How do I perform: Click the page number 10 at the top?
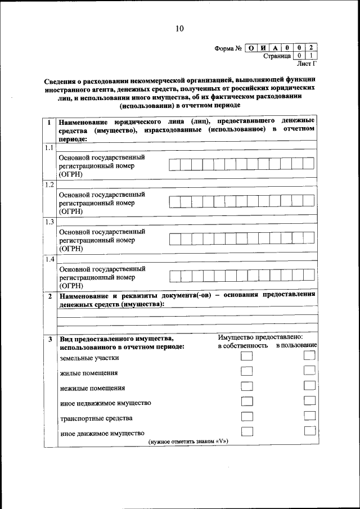coord(179,29)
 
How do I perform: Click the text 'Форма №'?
coord(228,48)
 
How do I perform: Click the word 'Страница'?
coord(277,56)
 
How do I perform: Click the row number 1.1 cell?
coord(49,148)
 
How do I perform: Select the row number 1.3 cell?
coord(49,221)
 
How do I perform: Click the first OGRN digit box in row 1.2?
coord(175,201)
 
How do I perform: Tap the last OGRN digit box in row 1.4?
coord(308,275)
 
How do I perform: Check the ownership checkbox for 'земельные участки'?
coord(246,357)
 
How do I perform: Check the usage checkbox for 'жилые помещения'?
coord(309,371)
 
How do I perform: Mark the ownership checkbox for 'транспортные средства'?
coord(246,416)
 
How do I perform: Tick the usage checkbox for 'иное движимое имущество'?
coord(309,431)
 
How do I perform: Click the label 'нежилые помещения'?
coord(92,388)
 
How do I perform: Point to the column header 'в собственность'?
coord(242,346)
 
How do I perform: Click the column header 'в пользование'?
coord(296,345)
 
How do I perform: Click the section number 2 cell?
coord(49,295)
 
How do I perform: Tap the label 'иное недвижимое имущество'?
coord(105,403)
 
